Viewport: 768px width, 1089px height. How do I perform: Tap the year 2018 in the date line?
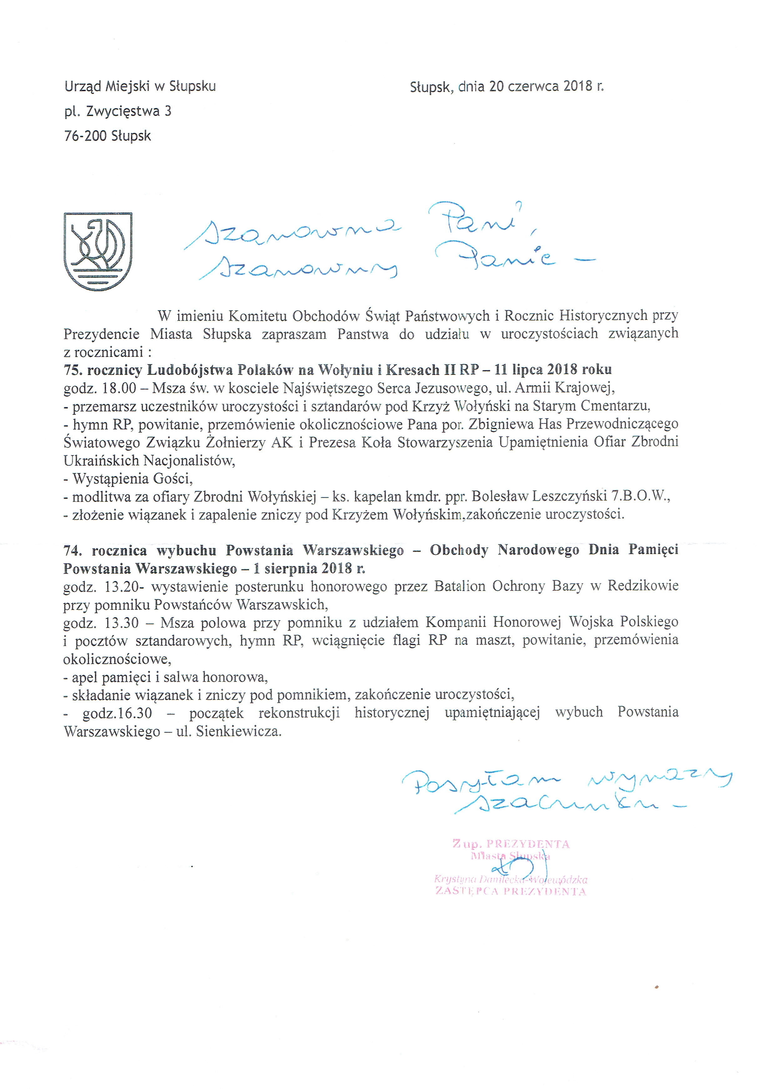(578, 86)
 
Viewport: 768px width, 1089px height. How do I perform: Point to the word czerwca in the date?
(533, 86)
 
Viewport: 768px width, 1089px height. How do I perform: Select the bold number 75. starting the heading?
(73, 369)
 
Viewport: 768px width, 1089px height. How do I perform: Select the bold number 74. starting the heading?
(73, 550)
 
